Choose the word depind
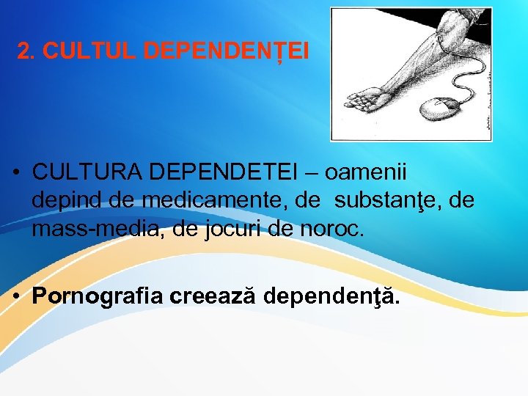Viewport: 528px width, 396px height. pyautogui.click(x=61, y=200)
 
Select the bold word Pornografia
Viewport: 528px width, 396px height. pyautogui.click(x=98, y=296)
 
